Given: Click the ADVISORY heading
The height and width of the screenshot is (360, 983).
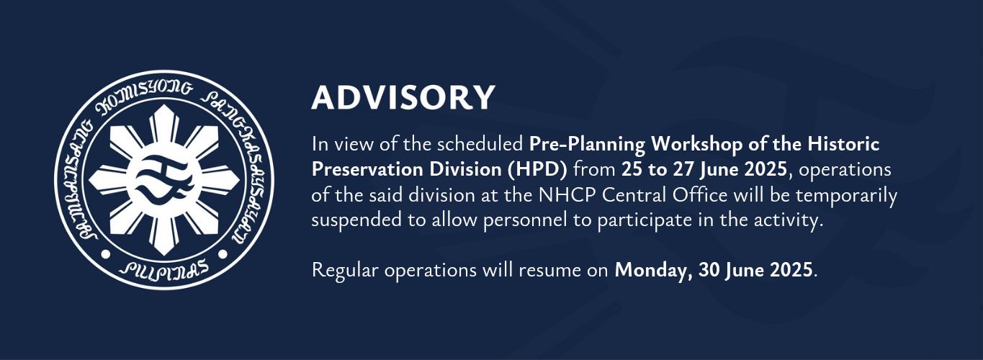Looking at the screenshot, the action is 403,97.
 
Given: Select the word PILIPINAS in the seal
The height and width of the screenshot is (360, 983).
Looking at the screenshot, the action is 164,269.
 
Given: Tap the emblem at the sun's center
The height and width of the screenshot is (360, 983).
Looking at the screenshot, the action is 164,180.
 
